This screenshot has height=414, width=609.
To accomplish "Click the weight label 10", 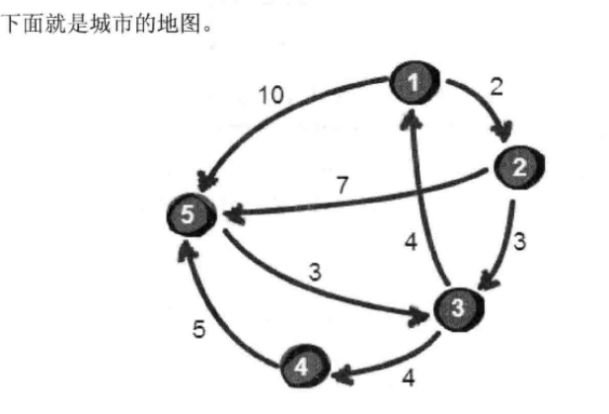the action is coord(271,97).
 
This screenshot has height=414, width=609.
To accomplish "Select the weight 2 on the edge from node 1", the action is coord(495,85).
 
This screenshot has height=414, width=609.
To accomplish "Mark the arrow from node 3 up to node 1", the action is coord(426,198).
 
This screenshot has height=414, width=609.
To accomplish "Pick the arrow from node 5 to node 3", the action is coord(326,289).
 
